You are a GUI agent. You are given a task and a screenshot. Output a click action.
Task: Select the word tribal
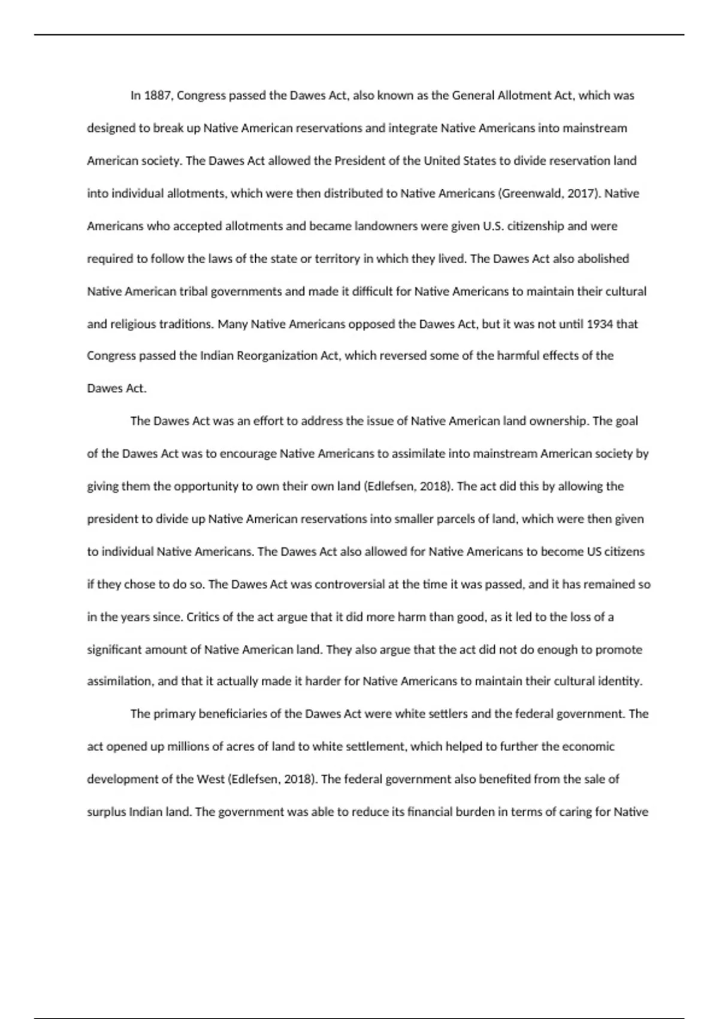tap(192, 291)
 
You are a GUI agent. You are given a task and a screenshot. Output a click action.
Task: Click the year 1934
tap(599, 324)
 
